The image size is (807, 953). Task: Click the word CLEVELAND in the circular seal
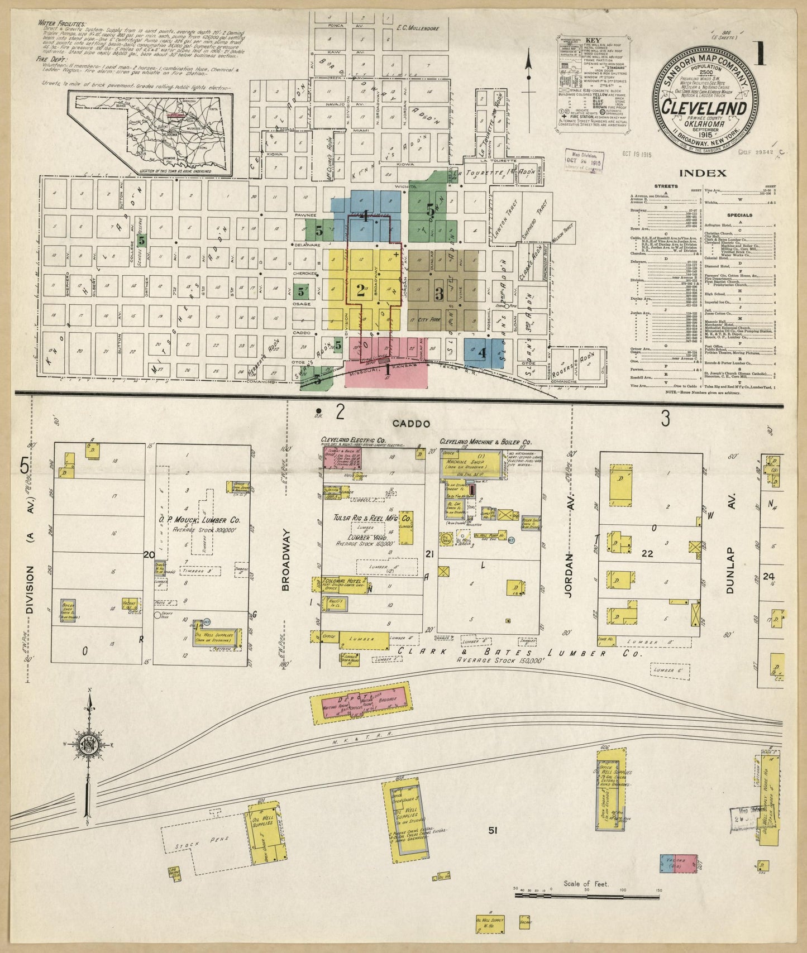click(704, 107)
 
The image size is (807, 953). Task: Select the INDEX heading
click(703, 173)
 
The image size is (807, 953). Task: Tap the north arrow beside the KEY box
click(528, 73)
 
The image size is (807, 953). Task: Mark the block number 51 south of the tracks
click(493, 830)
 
